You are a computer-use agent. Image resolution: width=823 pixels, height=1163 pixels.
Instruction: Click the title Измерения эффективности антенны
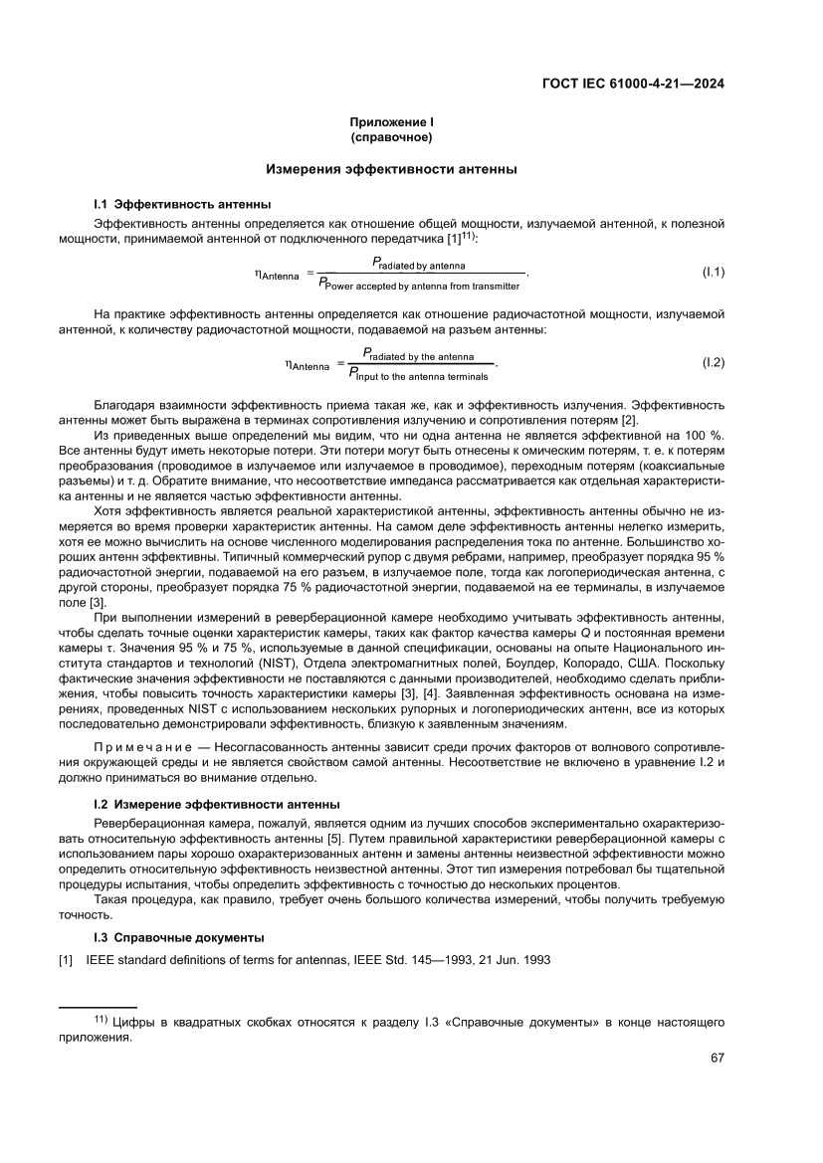(x=390, y=170)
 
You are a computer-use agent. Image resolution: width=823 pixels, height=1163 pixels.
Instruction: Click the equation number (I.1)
(x=714, y=272)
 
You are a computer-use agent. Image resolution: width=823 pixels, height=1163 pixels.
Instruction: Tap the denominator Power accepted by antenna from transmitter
(x=418, y=286)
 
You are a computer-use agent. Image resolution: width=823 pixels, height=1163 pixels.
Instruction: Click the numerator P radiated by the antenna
(x=417, y=355)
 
